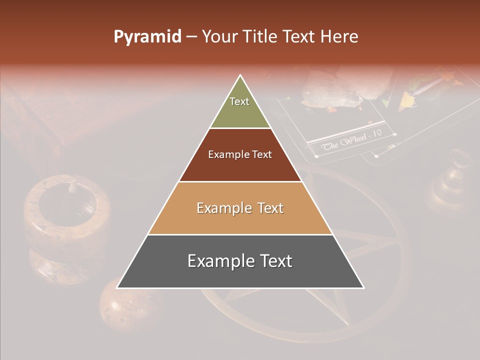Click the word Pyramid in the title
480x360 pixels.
tap(147, 37)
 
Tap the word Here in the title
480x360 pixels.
tap(340, 37)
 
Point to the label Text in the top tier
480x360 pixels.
tap(239, 101)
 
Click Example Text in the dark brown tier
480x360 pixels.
tap(240, 154)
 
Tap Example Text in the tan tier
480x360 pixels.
tap(240, 208)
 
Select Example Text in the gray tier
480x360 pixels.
tap(240, 261)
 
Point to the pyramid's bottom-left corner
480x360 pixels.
tap(117, 287)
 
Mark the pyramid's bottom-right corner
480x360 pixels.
tap(363, 287)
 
